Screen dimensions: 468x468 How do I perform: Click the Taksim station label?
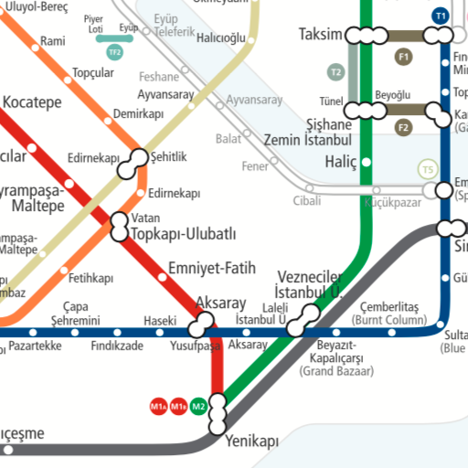pyautogui.click(x=319, y=35)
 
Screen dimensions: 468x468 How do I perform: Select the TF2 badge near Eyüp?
pyautogui.click(x=114, y=52)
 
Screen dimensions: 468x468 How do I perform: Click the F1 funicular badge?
pyautogui.click(x=404, y=58)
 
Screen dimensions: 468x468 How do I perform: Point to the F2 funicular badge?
pyautogui.click(x=404, y=127)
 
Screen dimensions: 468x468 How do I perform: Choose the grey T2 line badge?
pyautogui.click(x=335, y=71)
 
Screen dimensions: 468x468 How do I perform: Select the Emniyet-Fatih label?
pyautogui.click(x=212, y=269)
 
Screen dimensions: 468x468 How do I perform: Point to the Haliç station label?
pyautogui.click(x=341, y=161)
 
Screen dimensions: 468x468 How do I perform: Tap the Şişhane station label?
pyautogui.click(x=328, y=124)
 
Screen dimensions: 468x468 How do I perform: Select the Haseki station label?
pyautogui.click(x=159, y=320)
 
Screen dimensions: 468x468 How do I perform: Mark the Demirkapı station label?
pyautogui.click(x=138, y=114)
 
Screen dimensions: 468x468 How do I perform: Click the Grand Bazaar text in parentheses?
pyautogui.click(x=336, y=372)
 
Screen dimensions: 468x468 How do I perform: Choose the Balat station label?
pyautogui.click(x=229, y=139)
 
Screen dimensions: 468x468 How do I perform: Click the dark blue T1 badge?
pyautogui.click(x=441, y=16)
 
